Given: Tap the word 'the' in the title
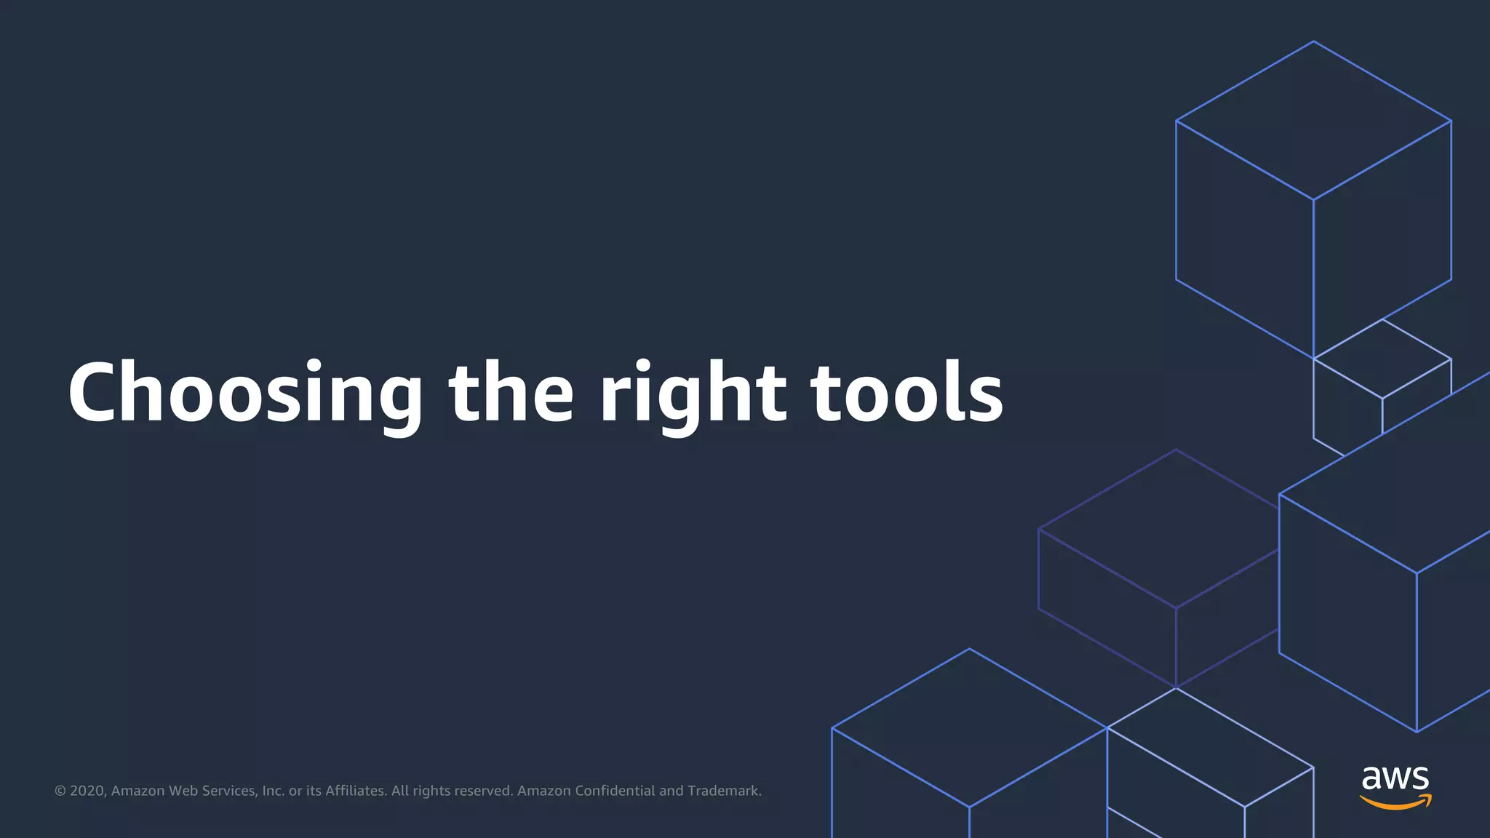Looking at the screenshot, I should [x=511, y=393].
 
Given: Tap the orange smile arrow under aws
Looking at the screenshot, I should [x=1395, y=802].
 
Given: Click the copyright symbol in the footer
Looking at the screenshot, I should [x=60, y=791].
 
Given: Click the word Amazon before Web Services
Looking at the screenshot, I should [x=138, y=791].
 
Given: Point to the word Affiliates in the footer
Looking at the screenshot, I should [x=356, y=791].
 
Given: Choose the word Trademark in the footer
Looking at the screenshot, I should [x=724, y=791].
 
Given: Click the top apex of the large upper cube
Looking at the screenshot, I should [x=1313, y=42].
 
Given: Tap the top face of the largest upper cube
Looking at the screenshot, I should [x=1313, y=120].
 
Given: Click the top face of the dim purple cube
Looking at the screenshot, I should [x=1164, y=527].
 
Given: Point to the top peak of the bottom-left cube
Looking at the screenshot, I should [x=969, y=649].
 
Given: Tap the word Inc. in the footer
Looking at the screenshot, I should [x=273, y=791].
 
